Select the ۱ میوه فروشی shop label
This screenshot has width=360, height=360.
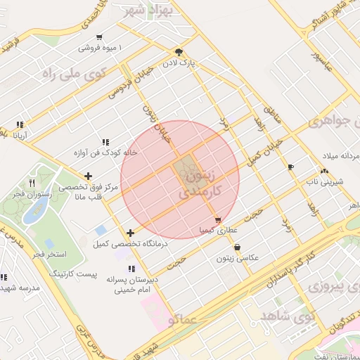click(x=100, y=48)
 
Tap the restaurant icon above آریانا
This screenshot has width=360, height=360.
click(x=20, y=124)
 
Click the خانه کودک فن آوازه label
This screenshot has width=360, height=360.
click(x=105, y=152)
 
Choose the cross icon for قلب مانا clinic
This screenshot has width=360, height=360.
click(x=87, y=176)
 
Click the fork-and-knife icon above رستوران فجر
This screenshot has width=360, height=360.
click(x=32, y=183)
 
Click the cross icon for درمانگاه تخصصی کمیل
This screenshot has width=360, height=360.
click(x=130, y=233)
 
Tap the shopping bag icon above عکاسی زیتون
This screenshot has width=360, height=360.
click(x=236, y=247)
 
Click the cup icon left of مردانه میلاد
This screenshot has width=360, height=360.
click(x=291, y=166)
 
